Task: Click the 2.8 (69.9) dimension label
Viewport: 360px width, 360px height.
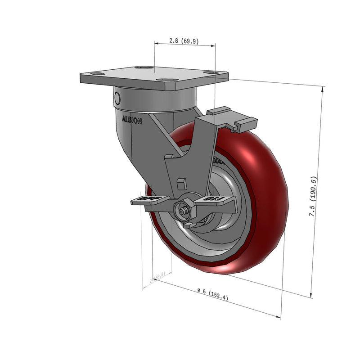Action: click(184, 40)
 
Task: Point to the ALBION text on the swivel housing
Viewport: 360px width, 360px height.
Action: click(132, 120)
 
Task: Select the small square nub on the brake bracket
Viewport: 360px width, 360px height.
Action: click(182, 183)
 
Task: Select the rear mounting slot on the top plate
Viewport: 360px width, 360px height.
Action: click(144, 67)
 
